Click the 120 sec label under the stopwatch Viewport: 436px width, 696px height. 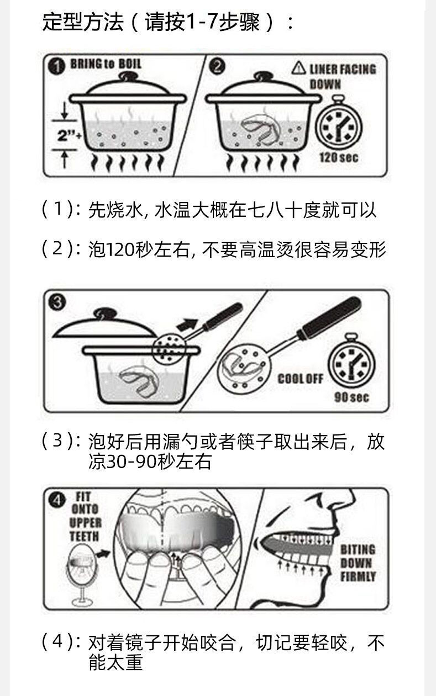point(338,158)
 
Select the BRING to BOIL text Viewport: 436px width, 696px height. point(106,64)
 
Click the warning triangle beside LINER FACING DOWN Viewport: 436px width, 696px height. point(298,68)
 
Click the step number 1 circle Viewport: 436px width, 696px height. point(56,66)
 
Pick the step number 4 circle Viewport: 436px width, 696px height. point(56,500)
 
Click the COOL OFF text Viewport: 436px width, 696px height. point(300,379)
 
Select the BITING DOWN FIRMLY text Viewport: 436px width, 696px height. point(358,563)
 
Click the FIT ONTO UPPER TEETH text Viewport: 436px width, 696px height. point(85,516)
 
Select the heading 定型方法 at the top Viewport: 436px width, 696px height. point(83,23)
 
